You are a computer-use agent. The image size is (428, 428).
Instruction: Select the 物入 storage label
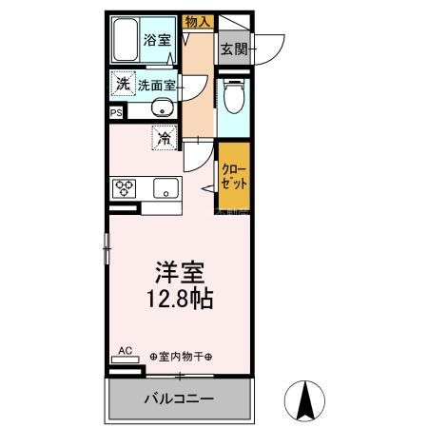(x=197, y=22)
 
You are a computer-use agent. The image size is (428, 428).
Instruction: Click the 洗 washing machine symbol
(x=122, y=84)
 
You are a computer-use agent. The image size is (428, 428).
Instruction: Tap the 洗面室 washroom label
(x=156, y=84)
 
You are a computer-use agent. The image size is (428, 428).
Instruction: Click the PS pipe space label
(x=116, y=112)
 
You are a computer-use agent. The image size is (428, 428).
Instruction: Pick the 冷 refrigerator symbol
(x=165, y=139)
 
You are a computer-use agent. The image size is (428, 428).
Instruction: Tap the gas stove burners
(x=125, y=188)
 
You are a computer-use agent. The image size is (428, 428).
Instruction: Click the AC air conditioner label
(x=125, y=350)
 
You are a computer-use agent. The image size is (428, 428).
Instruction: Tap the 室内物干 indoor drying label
(x=181, y=356)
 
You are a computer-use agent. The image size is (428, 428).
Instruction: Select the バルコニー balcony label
(x=180, y=398)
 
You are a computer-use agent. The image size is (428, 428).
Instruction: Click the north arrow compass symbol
(x=305, y=400)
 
